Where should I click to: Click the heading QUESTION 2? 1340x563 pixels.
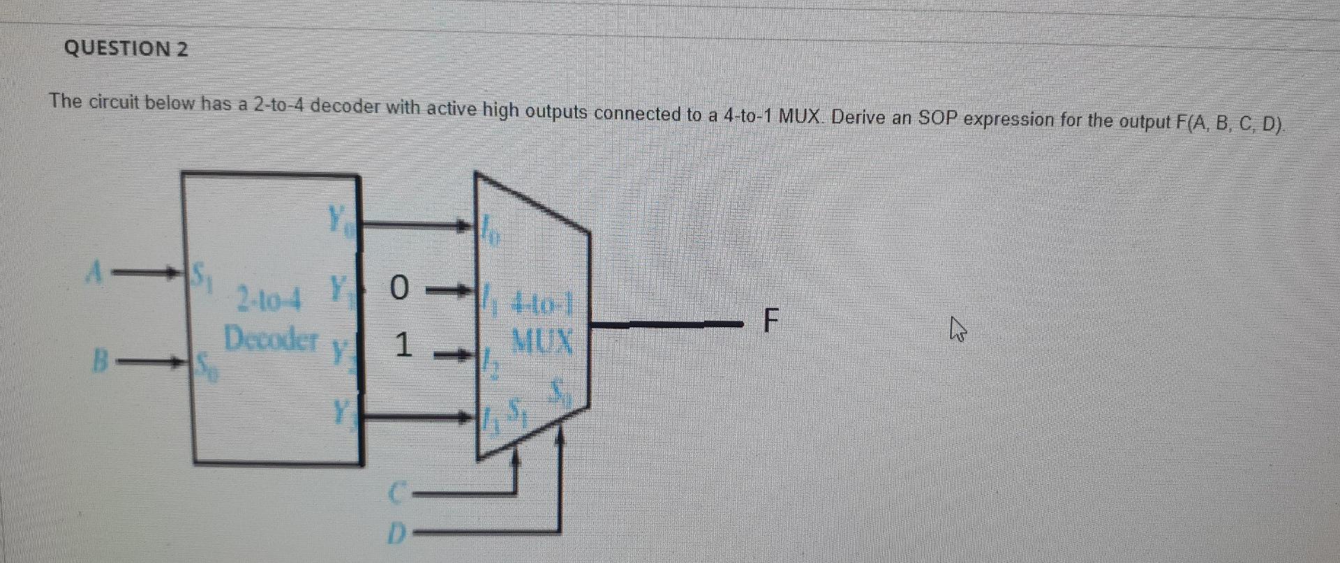[x=126, y=49]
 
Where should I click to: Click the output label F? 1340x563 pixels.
[x=769, y=322]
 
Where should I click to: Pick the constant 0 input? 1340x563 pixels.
[x=398, y=287]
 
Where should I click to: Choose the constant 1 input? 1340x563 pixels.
[x=400, y=346]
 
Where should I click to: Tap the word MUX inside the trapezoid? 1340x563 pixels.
[x=542, y=342]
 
